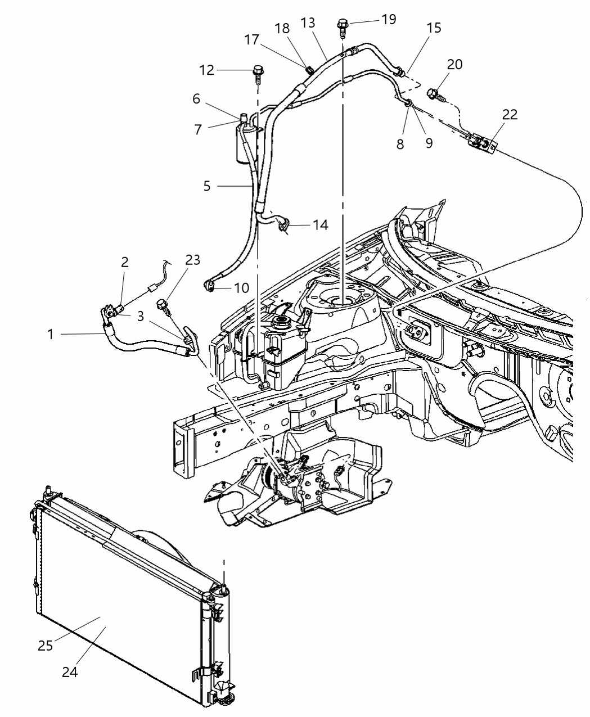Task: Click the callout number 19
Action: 388,19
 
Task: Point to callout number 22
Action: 510,114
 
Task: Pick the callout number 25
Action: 45,645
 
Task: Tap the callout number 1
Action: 51,334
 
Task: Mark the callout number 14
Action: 320,225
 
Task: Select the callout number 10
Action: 241,288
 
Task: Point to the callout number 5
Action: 207,185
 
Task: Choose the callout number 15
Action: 434,28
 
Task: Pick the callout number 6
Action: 196,98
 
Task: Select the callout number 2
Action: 125,261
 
